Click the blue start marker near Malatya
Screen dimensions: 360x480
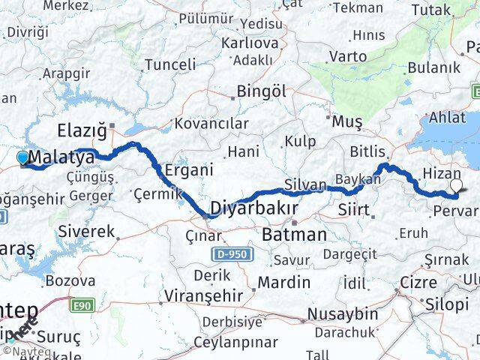coord(23,157)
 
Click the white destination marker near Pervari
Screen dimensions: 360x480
coord(456,184)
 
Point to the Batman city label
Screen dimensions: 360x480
coord(295,235)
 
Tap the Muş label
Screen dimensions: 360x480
coord(347,120)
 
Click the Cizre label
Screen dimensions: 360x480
coord(418,283)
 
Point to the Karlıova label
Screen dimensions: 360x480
coord(244,43)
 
